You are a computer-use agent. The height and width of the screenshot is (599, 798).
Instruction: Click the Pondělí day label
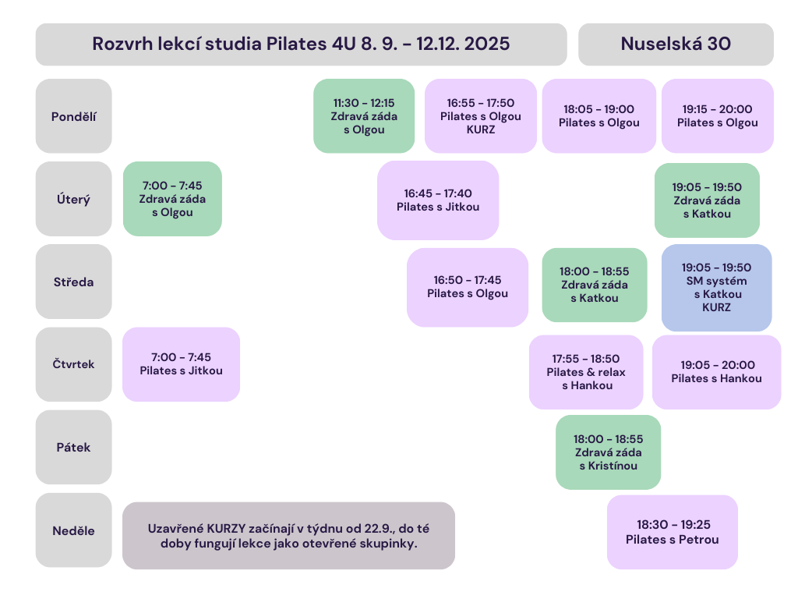(74, 116)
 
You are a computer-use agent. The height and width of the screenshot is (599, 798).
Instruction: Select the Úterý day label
(74, 199)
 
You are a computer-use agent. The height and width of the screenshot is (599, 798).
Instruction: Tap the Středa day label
(74, 282)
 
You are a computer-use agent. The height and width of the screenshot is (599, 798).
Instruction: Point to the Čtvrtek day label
(74, 364)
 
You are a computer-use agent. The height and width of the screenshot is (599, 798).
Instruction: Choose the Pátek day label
(74, 447)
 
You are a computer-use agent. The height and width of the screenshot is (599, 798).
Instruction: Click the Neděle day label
(74, 530)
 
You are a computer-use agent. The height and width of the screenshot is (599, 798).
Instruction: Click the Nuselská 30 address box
(676, 44)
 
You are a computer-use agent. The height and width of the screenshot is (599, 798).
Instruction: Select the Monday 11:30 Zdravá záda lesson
(364, 116)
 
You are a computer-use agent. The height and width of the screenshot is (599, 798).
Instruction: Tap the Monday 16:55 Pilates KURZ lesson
(481, 116)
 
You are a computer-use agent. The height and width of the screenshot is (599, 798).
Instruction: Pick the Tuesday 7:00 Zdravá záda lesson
(172, 199)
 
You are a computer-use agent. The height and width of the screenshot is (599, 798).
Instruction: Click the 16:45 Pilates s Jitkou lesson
(438, 200)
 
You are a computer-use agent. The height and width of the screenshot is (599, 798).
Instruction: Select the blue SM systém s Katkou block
(717, 288)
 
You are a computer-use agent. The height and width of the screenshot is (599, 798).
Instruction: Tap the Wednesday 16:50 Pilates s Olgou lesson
(468, 287)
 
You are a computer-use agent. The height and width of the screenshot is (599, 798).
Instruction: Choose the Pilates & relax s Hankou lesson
(586, 372)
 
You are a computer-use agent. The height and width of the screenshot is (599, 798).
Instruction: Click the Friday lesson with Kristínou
(608, 452)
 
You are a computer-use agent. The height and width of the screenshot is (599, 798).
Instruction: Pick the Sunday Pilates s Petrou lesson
(673, 532)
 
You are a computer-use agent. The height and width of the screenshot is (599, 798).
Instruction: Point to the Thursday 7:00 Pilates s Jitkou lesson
(181, 364)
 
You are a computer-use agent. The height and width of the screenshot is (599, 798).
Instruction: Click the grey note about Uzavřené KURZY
(288, 536)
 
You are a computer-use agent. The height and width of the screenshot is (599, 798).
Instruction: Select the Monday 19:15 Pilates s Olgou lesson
(718, 116)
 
